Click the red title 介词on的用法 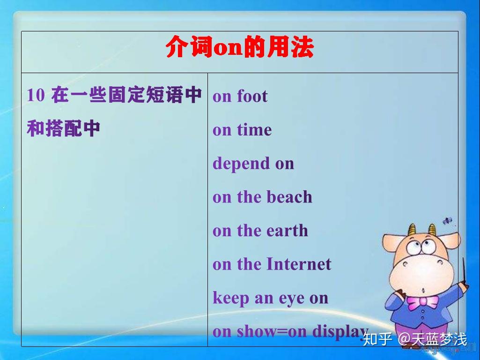pos(239,48)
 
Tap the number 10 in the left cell pos(36,95)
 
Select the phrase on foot pos(240,96)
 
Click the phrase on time pos(242,130)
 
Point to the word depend pos(241,164)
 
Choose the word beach pos(289,197)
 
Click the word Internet pos(299,264)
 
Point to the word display pos(340,332)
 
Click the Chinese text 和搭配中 pos(63,128)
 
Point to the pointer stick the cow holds pos(464,277)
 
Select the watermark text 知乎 pos(377,339)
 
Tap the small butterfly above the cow pos(448,220)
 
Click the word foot pos(252,96)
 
